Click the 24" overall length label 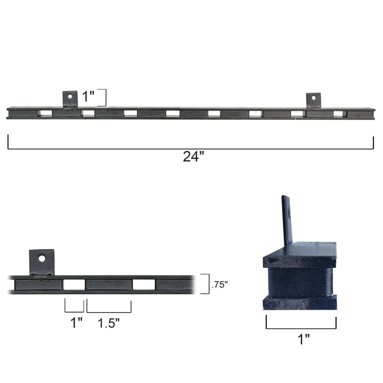pyautogui.click(x=193, y=157)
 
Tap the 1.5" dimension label pyautogui.click(x=109, y=323)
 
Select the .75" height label pyautogui.click(x=220, y=284)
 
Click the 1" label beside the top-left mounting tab pyautogui.click(x=88, y=96)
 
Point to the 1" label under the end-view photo pyautogui.click(x=304, y=339)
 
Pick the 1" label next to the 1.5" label pyautogui.click(x=76, y=323)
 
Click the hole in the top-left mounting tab pyautogui.click(x=70, y=96)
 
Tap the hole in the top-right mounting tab pyautogui.click(x=314, y=98)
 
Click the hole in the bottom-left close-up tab pyautogui.click(x=42, y=259)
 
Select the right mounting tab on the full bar pyautogui.click(x=314, y=101)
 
